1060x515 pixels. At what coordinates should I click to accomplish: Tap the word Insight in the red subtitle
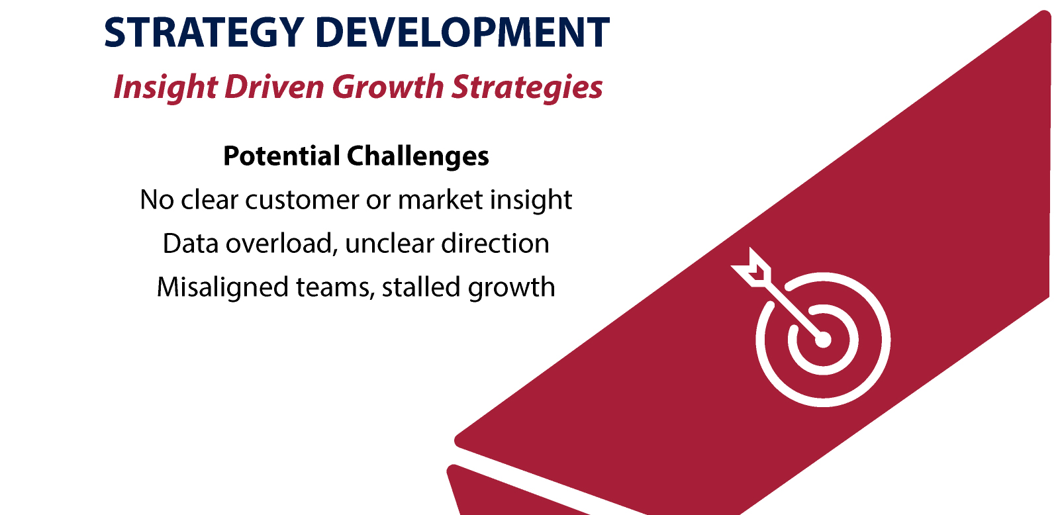tap(166, 87)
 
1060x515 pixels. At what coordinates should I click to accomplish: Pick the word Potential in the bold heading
tap(281, 156)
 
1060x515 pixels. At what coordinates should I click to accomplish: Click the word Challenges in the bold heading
tap(418, 157)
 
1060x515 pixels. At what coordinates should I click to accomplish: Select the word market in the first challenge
tap(440, 200)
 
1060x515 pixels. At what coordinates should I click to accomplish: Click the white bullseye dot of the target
tap(823, 340)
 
